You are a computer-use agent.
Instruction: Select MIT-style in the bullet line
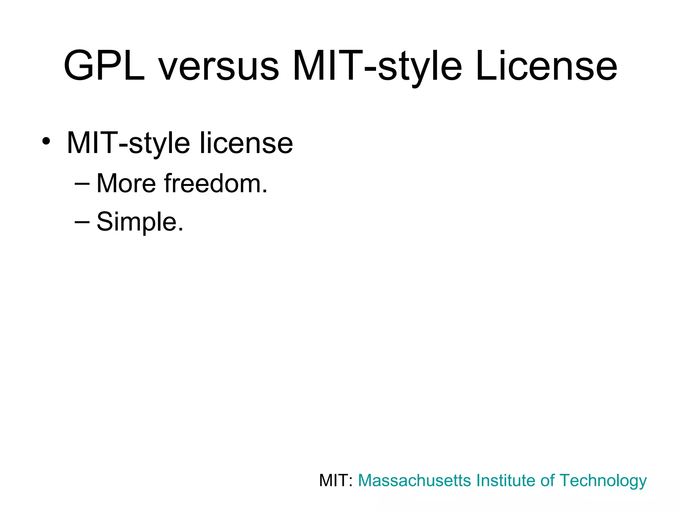[x=128, y=143]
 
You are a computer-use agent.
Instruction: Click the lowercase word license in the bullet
[x=246, y=143]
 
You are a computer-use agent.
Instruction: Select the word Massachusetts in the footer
[x=414, y=480]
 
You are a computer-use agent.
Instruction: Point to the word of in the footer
[x=547, y=480]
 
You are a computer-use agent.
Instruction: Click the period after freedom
[x=265, y=191]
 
